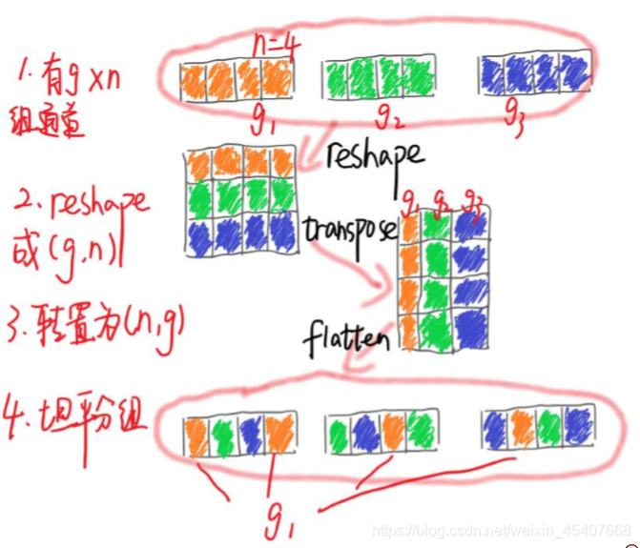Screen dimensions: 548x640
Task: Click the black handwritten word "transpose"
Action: [350, 228]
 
